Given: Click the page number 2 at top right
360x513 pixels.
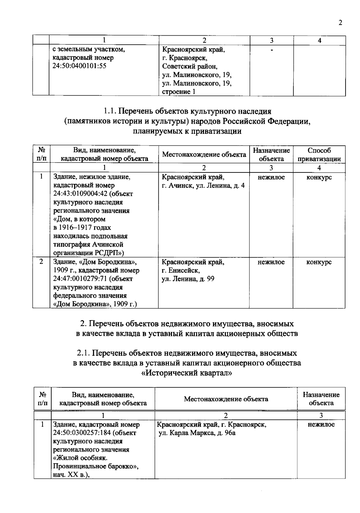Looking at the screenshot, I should click(340, 23).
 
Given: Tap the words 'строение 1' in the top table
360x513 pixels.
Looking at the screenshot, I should click(179, 92).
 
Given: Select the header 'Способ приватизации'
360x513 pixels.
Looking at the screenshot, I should click(319, 155).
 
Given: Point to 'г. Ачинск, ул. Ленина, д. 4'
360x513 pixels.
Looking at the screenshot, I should click(203, 186).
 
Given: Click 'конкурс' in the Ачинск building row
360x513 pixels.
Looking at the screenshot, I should click(319, 177).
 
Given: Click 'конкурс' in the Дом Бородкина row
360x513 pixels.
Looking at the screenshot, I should click(319, 262).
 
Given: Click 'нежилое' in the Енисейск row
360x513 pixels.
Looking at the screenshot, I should click(271, 262).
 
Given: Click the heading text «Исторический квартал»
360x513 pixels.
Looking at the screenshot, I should click(187, 373).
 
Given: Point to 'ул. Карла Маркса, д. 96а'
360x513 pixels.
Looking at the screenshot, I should click(197, 433).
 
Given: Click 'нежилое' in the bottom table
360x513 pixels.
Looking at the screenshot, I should click(321, 425).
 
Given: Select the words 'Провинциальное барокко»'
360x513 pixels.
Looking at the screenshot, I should click(96, 467).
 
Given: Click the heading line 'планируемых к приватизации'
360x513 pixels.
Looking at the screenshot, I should click(187, 131).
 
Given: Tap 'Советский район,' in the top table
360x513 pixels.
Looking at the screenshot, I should click(189, 66).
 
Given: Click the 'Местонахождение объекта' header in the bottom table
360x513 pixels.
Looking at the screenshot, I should click(226, 399).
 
